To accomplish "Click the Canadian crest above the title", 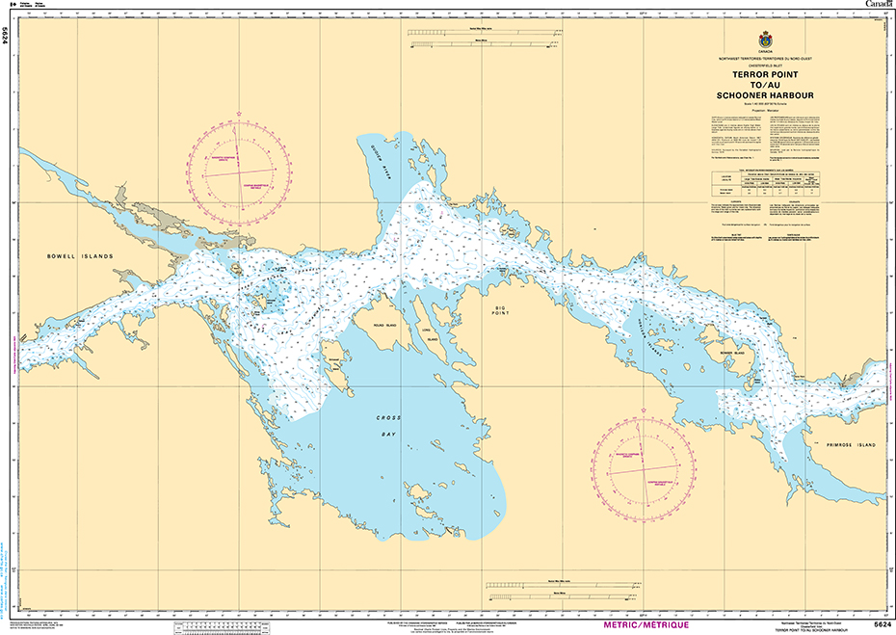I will click(765, 41).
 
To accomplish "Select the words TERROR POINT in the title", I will click(765, 74).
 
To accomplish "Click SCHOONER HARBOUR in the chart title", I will click(765, 96).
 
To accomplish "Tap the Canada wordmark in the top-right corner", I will click(878, 6).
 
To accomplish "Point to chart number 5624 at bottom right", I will click(882, 625).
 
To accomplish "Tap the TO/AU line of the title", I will click(765, 85).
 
